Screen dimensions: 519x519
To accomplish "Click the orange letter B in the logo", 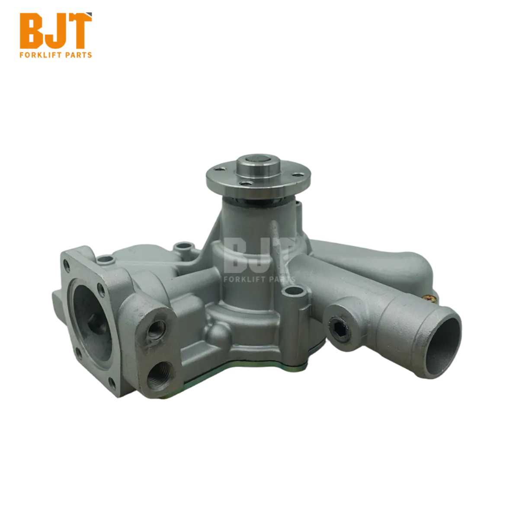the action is click(x=32, y=31).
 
